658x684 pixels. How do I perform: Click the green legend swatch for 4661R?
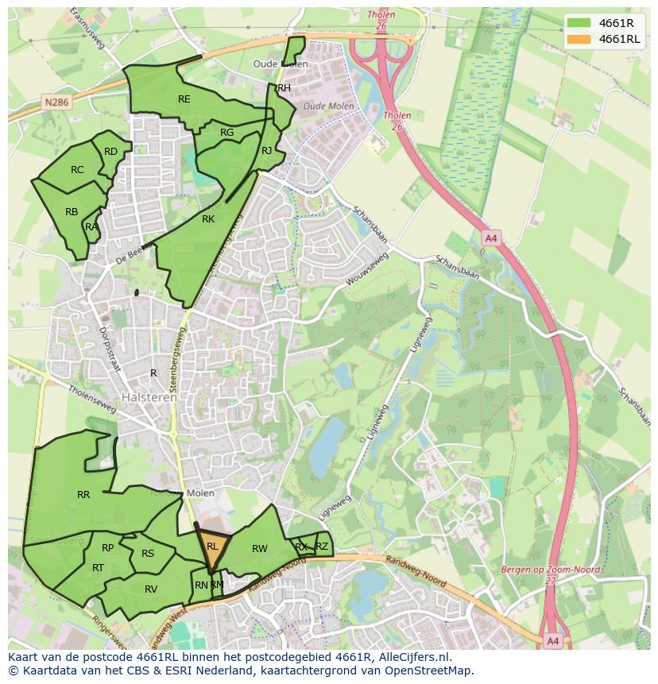580,23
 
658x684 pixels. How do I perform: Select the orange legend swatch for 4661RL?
580,39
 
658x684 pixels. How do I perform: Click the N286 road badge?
56,102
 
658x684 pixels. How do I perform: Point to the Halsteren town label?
149,397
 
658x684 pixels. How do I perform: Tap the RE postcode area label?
184,99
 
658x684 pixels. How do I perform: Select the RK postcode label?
208,219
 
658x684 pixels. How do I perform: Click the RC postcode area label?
77,170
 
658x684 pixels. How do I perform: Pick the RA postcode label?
91,227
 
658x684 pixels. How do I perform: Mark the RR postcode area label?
83,495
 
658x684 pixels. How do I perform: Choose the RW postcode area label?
260,549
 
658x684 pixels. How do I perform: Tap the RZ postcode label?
322,546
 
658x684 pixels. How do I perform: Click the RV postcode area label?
151,589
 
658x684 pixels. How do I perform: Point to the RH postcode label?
284,88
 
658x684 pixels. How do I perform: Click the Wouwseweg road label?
366,271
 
